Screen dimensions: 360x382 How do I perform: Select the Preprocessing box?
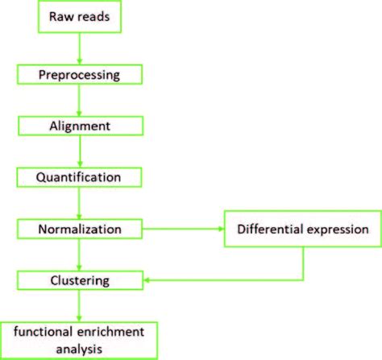pyautogui.click(x=79, y=74)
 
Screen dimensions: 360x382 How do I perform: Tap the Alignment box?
pyautogui.click(x=79, y=126)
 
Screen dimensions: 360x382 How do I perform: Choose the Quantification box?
pyautogui.click(x=79, y=176)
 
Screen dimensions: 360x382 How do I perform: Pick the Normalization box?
pyautogui.click(x=79, y=230)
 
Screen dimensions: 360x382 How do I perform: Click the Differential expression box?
pyautogui.click(x=302, y=230)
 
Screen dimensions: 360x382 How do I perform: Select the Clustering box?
pyautogui.click(x=79, y=280)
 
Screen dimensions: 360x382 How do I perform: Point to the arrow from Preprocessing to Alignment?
pyautogui.click(x=79, y=100)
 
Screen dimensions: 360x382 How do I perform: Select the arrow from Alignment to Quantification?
pyautogui.click(x=79, y=151)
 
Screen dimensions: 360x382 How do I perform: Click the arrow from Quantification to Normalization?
pyautogui.click(x=79, y=203)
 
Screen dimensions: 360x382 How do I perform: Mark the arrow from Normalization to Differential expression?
pyautogui.click(x=186, y=230)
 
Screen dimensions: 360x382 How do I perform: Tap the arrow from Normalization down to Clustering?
pyautogui.click(x=79, y=254)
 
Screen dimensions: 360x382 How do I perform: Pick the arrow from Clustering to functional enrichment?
pyautogui.click(x=79, y=306)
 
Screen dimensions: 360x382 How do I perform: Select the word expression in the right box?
pyautogui.click(x=336, y=230)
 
